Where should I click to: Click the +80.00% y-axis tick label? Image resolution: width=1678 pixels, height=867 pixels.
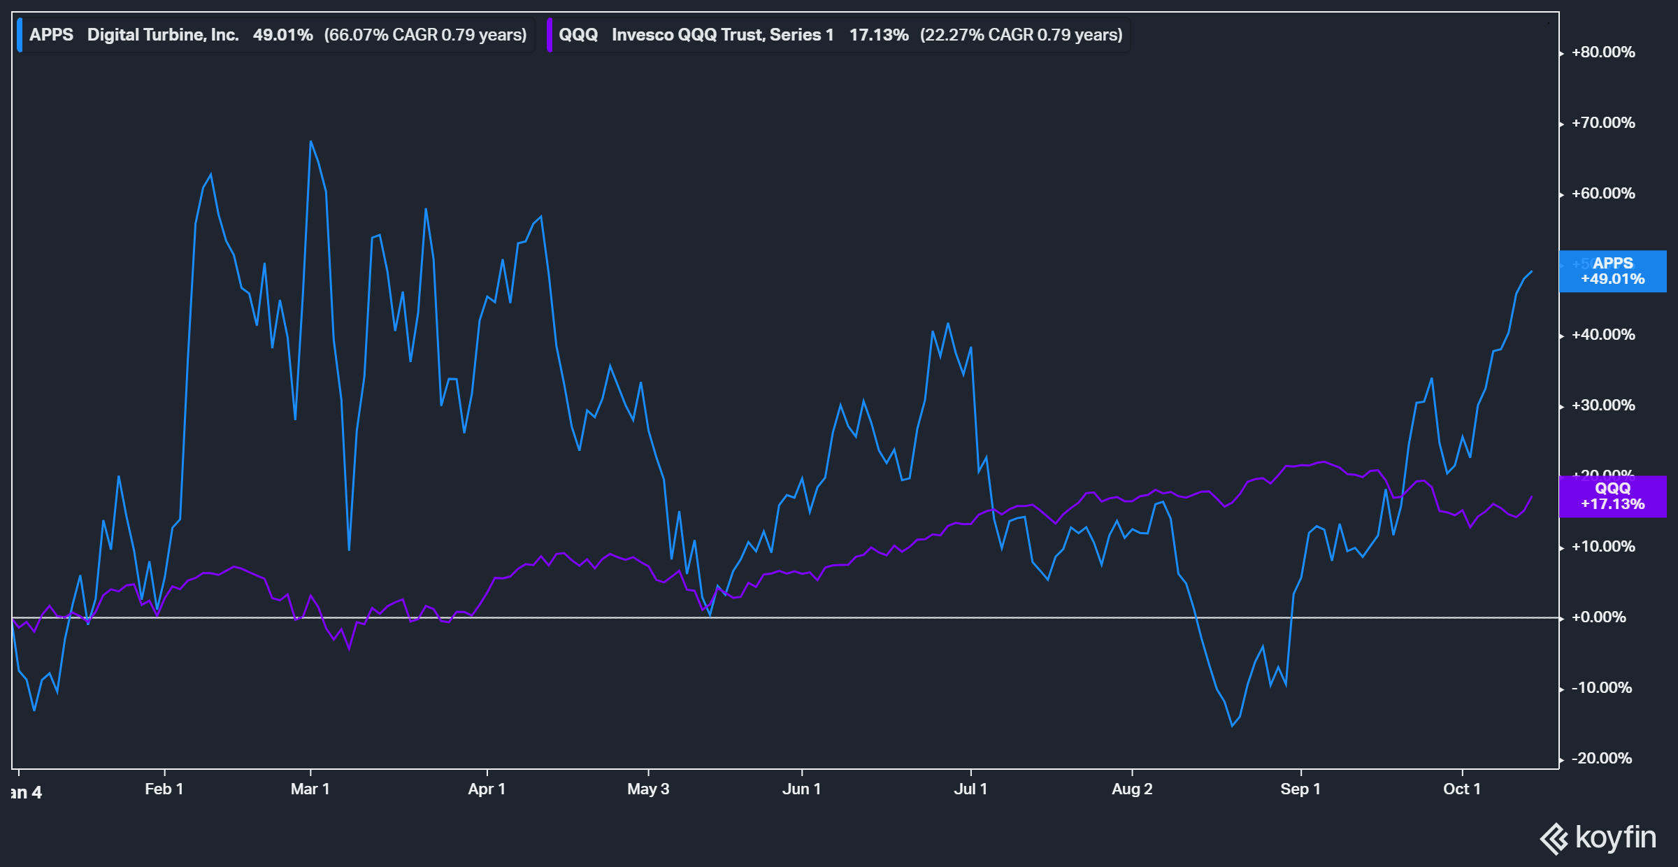[1602, 52]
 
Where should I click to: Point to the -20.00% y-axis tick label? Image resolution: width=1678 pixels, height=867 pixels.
[1601, 759]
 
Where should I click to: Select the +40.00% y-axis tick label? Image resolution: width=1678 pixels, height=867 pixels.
[1602, 335]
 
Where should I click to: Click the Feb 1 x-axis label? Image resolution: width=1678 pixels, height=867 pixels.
[164, 789]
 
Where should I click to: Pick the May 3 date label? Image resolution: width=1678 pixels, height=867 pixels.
[648, 789]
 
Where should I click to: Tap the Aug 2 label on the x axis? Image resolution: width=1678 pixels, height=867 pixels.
[1132, 789]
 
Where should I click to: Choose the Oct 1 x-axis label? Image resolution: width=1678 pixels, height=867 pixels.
[1462, 789]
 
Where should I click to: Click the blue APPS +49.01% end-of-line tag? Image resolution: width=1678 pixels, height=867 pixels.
[1612, 271]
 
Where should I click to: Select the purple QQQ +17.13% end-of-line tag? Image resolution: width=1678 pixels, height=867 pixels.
[1612, 496]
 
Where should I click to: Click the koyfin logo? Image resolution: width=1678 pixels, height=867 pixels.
[1598, 838]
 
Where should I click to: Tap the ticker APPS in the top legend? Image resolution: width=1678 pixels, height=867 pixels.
[51, 35]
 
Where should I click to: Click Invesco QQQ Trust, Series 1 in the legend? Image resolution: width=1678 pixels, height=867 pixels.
[722, 35]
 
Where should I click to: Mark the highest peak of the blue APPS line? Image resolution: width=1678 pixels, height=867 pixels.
[310, 142]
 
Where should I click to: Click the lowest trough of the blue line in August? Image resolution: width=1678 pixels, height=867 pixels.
[1232, 726]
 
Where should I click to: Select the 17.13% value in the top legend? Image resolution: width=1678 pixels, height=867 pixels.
[879, 35]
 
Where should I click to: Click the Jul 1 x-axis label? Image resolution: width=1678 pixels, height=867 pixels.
[970, 789]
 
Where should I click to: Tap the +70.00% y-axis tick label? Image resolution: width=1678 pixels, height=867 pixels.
[1602, 123]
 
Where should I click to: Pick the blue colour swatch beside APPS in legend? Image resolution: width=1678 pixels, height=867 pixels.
[20, 35]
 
